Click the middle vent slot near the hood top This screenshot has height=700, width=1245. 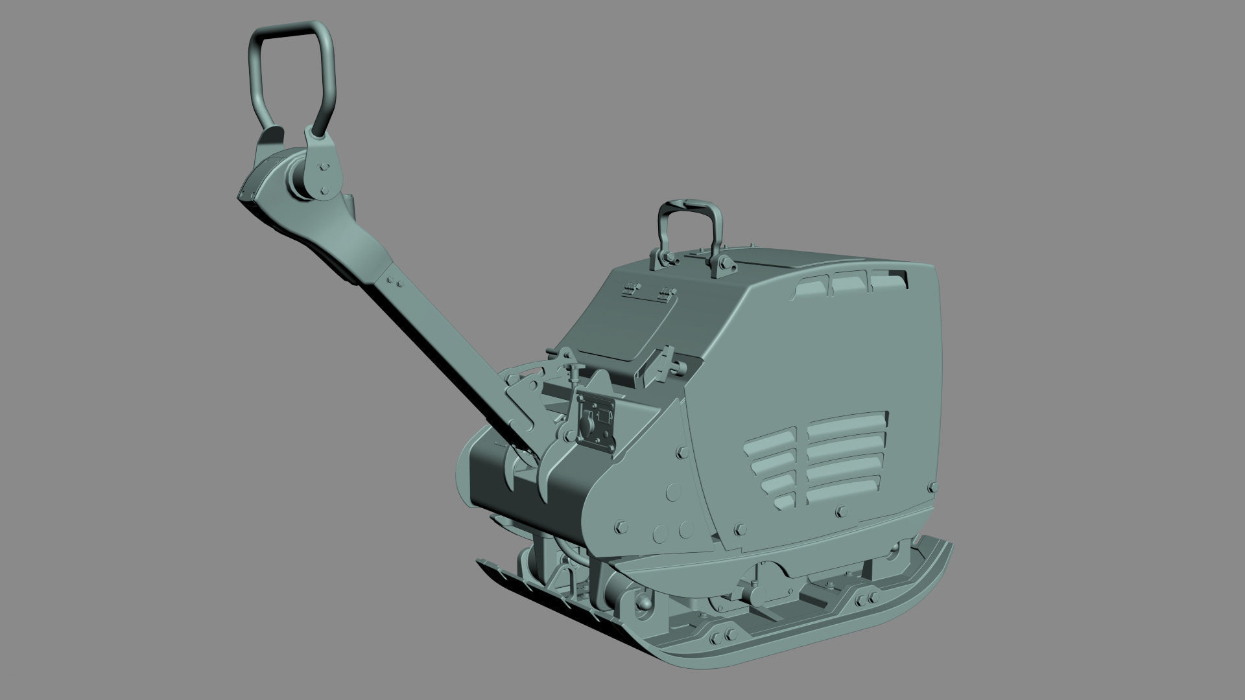[x=849, y=284]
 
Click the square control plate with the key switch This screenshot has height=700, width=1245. [x=596, y=420]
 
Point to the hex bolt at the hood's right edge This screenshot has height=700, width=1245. [x=932, y=486]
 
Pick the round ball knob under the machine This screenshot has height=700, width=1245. [x=646, y=603]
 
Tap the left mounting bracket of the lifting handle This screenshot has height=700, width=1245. [x=663, y=258]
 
